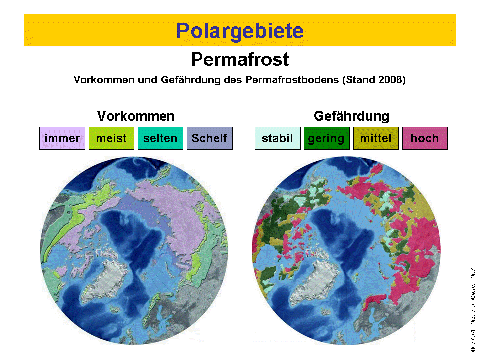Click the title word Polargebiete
point(240,31)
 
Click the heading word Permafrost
point(240,59)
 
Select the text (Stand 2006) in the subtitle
point(374,80)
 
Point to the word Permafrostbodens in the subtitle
point(293,80)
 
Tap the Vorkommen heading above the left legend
point(136,116)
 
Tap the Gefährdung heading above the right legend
point(351,116)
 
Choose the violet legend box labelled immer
point(62,138)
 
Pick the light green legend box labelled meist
point(111,138)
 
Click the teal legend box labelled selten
point(160,138)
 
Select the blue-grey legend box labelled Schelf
point(210,138)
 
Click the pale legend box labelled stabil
point(278,138)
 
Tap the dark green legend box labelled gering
point(327,138)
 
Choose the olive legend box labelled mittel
point(376,138)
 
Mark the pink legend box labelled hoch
point(425,138)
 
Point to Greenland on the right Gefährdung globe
point(315,281)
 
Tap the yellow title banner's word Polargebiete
point(240,31)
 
